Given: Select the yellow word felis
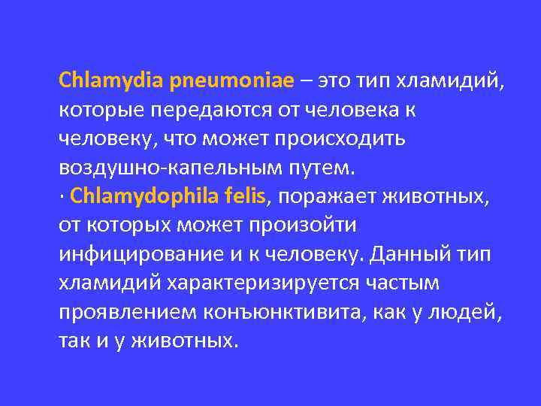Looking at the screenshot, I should [x=246, y=197].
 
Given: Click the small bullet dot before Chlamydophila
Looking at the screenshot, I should [x=62, y=197].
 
